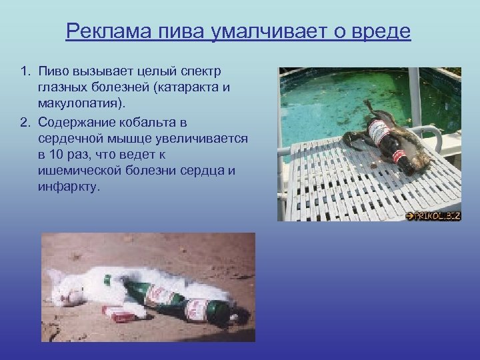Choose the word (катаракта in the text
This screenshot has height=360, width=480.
tap(193, 87)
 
